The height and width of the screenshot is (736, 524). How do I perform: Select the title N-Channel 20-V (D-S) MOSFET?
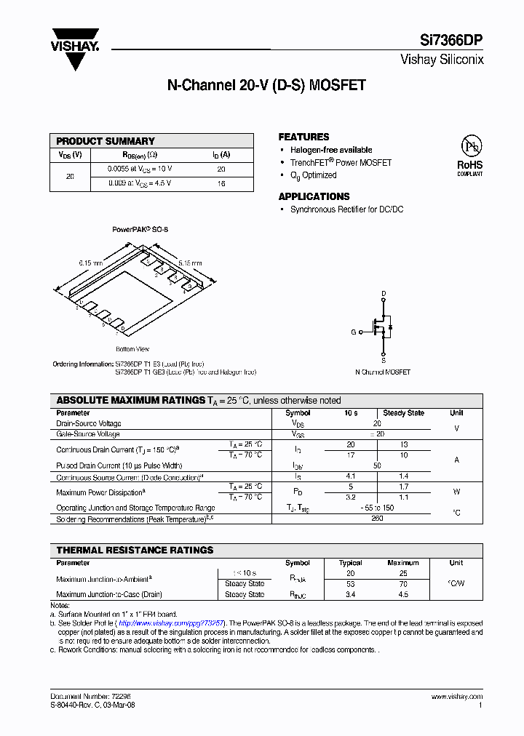pyautogui.click(x=266, y=85)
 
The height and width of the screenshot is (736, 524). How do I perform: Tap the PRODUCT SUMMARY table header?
pyautogui.click(x=106, y=141)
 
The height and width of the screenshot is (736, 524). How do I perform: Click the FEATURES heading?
pyautogui.click(x=303, y=137)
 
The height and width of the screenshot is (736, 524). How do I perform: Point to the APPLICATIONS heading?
pyautogui.click(x=314, y=196)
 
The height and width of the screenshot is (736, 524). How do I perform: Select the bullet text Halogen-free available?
pyautogui.click(x=331, y=150)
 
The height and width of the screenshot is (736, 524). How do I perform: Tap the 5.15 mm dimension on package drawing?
pyautogui.click(x=190, y=263)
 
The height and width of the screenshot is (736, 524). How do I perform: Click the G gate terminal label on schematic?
pyautogui.click(x=354, y=332)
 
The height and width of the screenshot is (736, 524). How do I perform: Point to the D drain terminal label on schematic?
pyautogui.click(x=384, y=294)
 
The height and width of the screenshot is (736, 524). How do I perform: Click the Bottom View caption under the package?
pyautogui.click(x=132, y=349)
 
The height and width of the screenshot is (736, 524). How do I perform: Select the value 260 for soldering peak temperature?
pyautogui.click(x=377, y=519)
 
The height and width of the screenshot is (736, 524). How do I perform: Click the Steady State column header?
pyautogui.click(x=403, y=413)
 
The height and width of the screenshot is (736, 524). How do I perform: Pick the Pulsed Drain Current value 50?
pyautogui.click(x=377, y=465)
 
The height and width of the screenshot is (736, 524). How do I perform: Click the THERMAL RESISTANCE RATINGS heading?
pyautogui.click(x=135, y=550)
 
